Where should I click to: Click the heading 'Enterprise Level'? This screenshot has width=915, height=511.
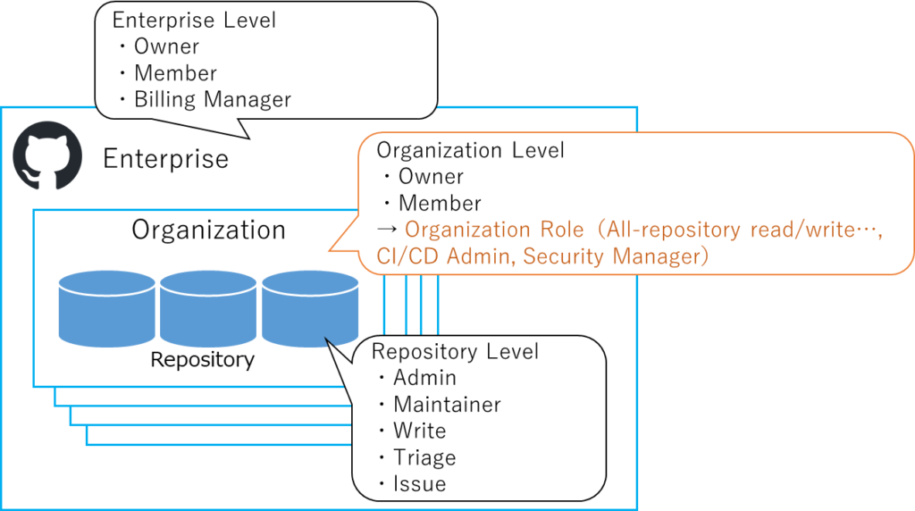click(x=194, y=20)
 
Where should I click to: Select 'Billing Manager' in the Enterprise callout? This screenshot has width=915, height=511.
click(x=212, y=99)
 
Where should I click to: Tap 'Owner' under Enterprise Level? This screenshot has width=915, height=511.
click(x=166, y=46)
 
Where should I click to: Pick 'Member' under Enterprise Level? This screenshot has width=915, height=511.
click(x=175, y=72)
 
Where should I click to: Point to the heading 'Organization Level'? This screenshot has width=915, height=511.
click(x=470, y=150)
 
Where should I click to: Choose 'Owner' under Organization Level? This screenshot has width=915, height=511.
click(x=431, y=177)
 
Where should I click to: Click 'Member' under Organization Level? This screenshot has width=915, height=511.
click(x=440, y=203)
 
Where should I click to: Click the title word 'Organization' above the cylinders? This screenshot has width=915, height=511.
click(x=208, y=230)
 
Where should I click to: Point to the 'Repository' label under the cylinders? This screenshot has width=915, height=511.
click(x=202, y=360)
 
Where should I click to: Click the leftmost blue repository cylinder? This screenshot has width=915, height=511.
click(x=107, y=309)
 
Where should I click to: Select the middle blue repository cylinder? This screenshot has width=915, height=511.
click(x=208, y=309)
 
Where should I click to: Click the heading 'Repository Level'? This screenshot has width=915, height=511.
click(x=455, y=351)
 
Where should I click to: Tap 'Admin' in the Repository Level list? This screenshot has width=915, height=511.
click(x=424, y=377)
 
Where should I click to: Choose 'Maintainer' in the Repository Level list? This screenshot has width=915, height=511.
click(x=447, y=404)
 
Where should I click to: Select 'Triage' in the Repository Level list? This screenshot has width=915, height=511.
click(x=424, y=457)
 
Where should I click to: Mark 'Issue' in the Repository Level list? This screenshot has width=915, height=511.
click(x=419, y=484)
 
